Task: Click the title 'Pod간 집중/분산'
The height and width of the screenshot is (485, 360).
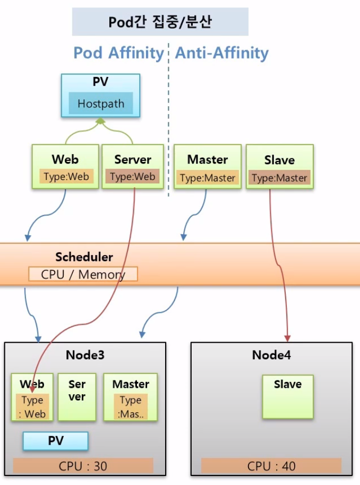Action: point(160,22)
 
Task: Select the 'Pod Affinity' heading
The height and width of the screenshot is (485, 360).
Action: point(118,53)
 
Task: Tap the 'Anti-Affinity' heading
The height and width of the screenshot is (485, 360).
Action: point(222,53)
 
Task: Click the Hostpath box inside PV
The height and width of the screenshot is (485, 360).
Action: point(100,104)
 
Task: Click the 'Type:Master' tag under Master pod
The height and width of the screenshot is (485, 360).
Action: point(208,178)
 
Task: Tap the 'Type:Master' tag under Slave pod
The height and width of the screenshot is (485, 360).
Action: point(279,178)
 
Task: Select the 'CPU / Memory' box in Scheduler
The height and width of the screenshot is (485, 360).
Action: point(83,274)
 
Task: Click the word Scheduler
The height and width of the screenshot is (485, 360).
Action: point(84,257)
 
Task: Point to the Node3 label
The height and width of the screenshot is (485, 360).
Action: point(85,355)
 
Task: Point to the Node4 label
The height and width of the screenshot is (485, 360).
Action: point(271,355)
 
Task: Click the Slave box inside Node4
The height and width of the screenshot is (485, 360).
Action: point(287,396)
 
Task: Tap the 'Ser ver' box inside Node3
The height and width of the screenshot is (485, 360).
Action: point(76,397)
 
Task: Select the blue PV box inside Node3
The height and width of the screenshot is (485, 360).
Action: point(55,441)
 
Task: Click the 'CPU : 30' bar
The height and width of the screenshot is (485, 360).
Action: point(83,466)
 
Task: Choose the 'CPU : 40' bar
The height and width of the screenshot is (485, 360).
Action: point(271,466)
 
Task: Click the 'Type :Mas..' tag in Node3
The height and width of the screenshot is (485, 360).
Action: point(130,407)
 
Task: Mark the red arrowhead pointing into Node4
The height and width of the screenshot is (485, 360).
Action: point(287,338)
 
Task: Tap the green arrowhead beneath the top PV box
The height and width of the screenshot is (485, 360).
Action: point(100,122)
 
